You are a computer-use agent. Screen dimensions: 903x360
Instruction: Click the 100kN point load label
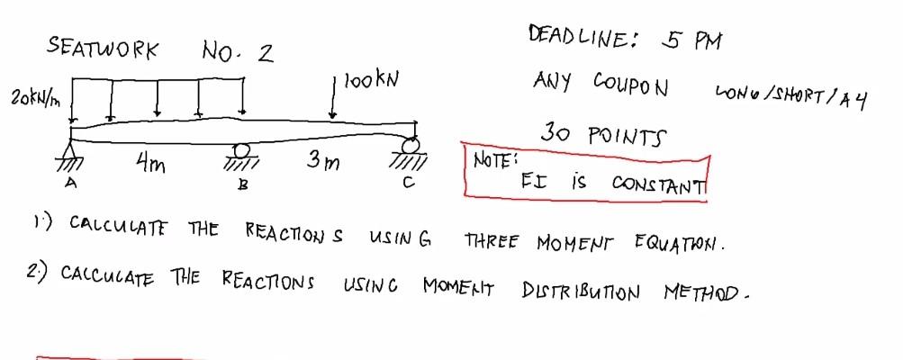368,81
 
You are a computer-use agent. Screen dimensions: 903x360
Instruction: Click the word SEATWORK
104,48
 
